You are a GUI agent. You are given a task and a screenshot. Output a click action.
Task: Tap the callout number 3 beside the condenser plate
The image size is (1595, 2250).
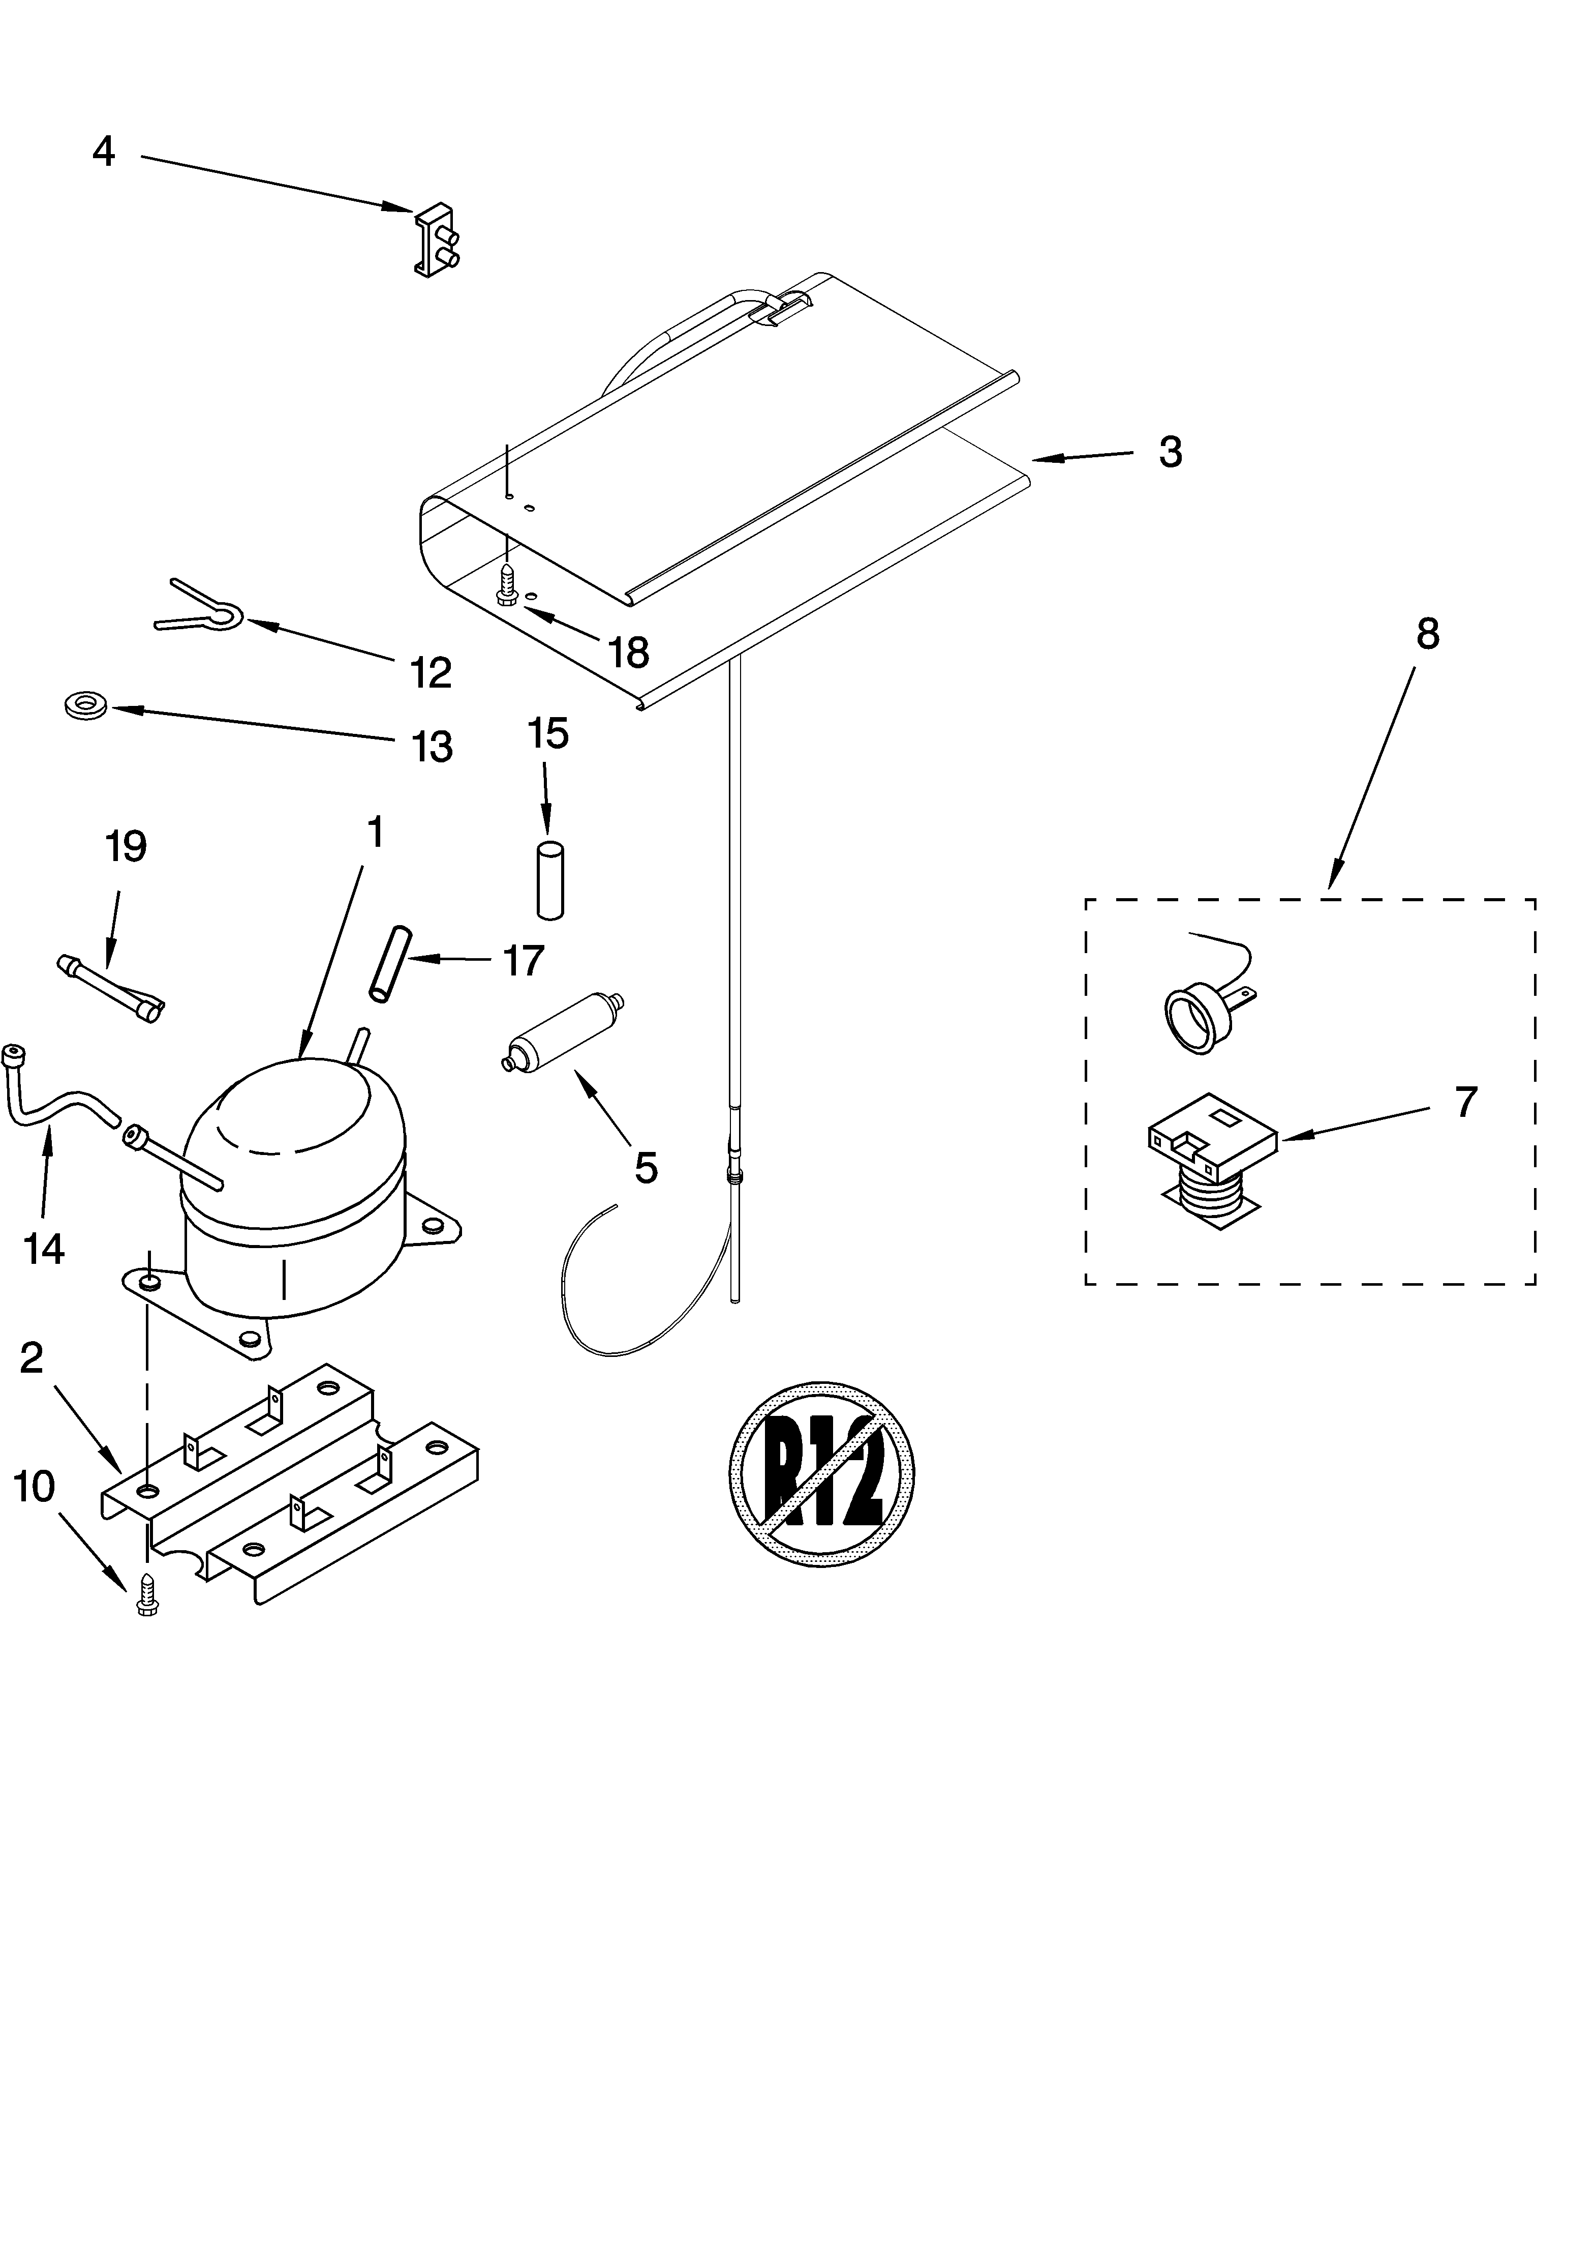click(1170, 452)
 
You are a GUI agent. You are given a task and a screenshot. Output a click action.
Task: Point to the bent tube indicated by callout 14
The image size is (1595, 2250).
click(59, 1096)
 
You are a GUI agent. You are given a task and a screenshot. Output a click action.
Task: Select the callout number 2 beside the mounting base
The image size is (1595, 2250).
click(32, 1358)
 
